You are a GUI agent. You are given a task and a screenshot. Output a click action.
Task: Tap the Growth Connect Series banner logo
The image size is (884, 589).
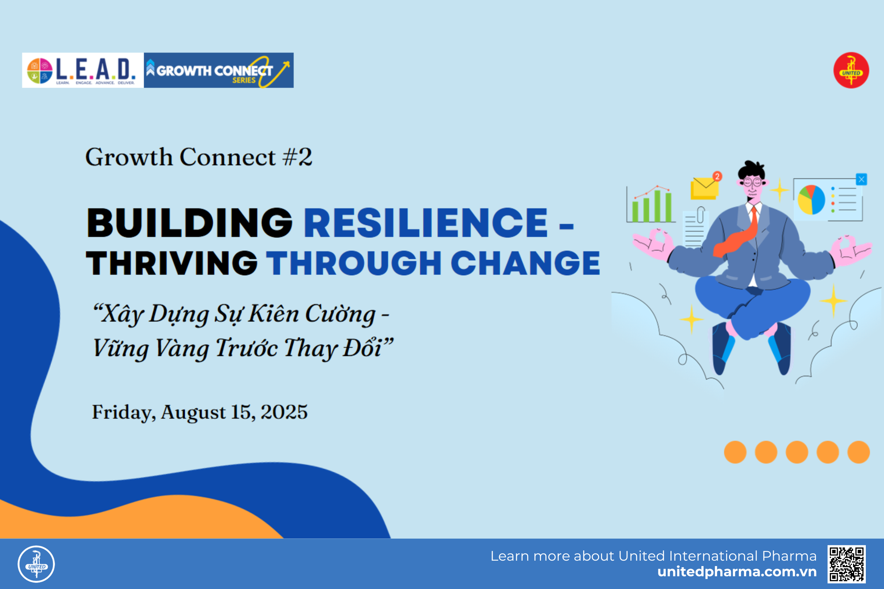coord(218,70)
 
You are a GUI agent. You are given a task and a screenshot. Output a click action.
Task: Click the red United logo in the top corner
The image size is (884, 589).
coord(851,70)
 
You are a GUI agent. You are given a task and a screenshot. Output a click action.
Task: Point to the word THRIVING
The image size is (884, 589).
coord(172,264)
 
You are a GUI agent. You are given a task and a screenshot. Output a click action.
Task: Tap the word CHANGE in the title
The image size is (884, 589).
coord(525,264)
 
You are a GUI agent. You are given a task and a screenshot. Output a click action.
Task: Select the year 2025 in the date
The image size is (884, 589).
coord(284,412)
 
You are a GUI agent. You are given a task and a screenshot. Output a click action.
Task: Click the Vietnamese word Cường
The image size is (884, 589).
coord(340,314)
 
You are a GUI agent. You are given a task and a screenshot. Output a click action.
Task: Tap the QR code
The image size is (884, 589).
coord(847,564)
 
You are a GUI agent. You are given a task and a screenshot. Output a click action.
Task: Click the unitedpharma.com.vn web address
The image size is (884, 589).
coord(737,572)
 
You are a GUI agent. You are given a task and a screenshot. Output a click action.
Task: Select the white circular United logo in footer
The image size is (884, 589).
coord(36,564)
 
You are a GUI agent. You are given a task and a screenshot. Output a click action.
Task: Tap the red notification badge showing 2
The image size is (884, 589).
coord(717,177)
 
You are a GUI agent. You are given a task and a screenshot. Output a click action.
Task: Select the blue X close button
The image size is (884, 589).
coord(861,179)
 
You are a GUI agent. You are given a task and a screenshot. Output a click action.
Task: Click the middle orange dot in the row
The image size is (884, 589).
coord(797,452)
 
